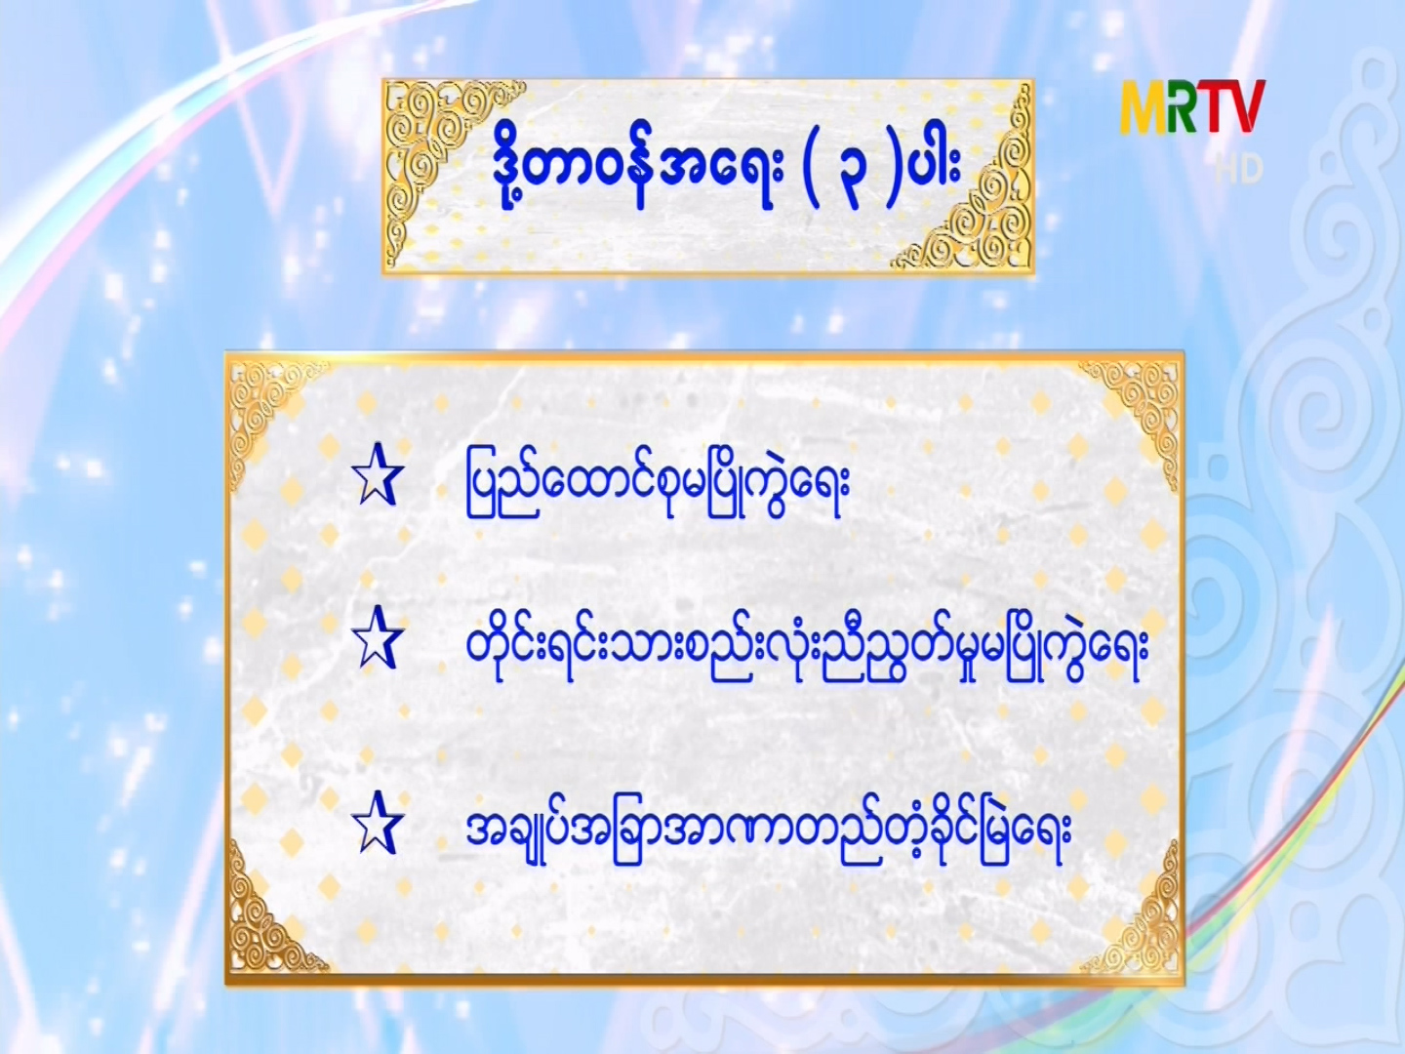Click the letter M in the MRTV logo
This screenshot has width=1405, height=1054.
tap(1144, 107)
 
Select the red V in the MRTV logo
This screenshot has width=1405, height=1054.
tap(1247, 107)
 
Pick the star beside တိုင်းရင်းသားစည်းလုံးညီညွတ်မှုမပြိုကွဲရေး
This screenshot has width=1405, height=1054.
tap(378, 638)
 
